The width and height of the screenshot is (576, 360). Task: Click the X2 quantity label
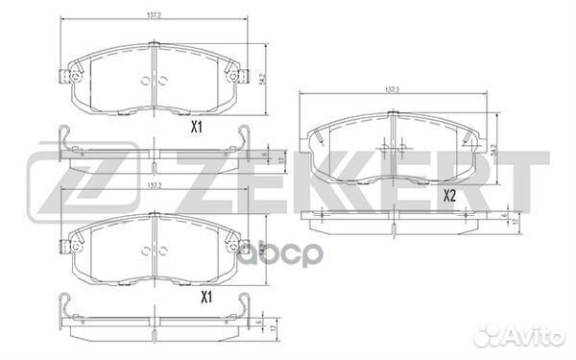coord(448,196)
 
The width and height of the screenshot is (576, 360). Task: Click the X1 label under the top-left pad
coord(196,126)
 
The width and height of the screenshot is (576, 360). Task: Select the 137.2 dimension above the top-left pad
coord(155,16)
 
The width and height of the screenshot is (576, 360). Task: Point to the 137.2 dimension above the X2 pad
coord(392,89)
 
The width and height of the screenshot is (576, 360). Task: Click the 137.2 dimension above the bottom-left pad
coord(155,186)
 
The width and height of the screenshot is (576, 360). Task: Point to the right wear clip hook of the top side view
coord(242,134)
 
